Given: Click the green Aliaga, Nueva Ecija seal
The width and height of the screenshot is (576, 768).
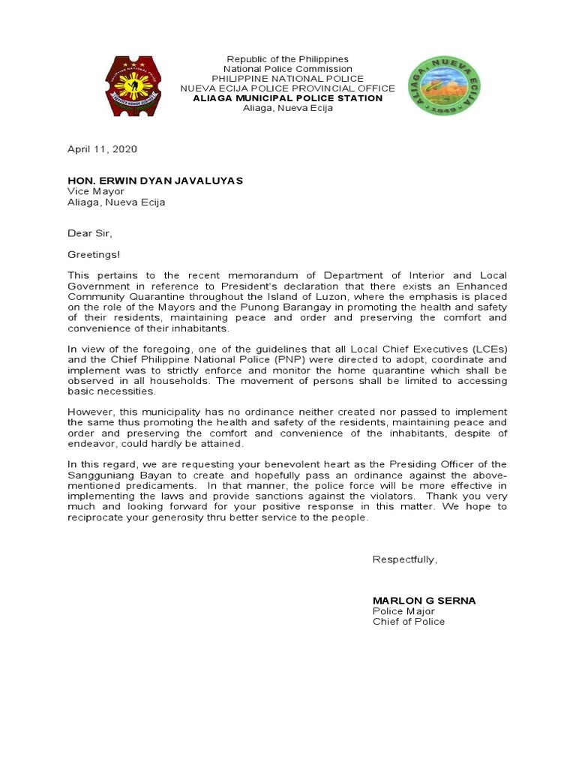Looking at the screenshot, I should pyautogui.click(x=443, y=85).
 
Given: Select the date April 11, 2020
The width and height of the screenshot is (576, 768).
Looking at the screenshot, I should pyautogui.click(x=103, y=149).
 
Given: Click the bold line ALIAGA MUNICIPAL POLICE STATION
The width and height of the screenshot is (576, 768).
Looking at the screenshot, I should pyautogui.click(x=288, y=98).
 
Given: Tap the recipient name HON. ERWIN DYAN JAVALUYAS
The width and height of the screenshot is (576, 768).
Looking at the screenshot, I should pyautogui.click(x=155, y=181).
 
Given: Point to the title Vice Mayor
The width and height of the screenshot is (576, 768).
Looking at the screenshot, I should pyautogui.click(x=96, y=192).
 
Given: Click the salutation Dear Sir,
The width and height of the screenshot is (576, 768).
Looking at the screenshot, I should pyautogui.click(x=91, y=233).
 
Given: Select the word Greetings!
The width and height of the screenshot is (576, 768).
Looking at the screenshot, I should pyautogui.click(x=94, y=254).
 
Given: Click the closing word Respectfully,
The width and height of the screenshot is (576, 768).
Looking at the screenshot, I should pyautogui.click(x=404, y=559).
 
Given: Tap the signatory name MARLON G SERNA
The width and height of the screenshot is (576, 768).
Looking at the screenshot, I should pyautogui.click(x=424, y=601).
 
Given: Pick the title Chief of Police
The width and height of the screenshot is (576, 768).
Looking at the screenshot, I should pyautogui.click(x=409, y=622).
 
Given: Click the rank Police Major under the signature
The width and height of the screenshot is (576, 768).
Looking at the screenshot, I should pyautogui.click(x=403, y=611).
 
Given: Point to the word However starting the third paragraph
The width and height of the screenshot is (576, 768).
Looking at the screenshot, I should pyautogui.click(x=90, y=412).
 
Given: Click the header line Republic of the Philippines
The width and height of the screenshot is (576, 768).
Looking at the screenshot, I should pyautogui.click(x=288, y=59).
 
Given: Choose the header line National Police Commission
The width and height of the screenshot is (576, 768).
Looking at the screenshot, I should pyautogui.click(x=288, y=69).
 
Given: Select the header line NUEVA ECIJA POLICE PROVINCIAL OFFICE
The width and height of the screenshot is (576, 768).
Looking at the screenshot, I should pyautogui.click(x=288, y=88).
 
